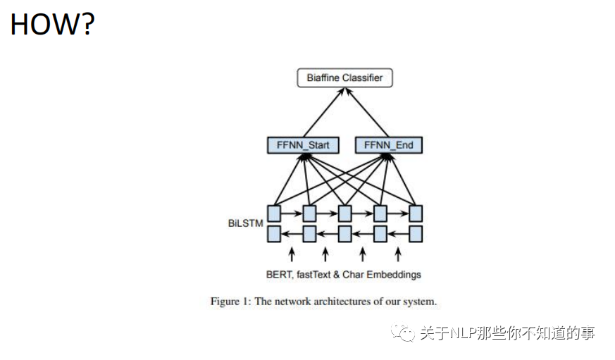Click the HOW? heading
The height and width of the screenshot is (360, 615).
coord(52,25)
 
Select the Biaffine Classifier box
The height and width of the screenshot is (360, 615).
coord(344,77)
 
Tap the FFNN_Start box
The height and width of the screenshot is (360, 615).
coord(303,146)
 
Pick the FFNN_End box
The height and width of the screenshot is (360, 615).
coord(388,146)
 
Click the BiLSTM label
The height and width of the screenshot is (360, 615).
coord(244,223)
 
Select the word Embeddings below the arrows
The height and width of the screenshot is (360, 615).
coord(397,275)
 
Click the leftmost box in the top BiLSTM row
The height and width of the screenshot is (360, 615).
coord(273,213)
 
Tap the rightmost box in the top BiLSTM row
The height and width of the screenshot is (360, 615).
coord(416,213)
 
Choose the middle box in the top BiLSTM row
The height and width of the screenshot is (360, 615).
coord(344,213)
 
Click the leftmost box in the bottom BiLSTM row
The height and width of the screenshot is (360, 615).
coord(273,233)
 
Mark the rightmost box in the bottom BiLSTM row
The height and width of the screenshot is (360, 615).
coord(416,233)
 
